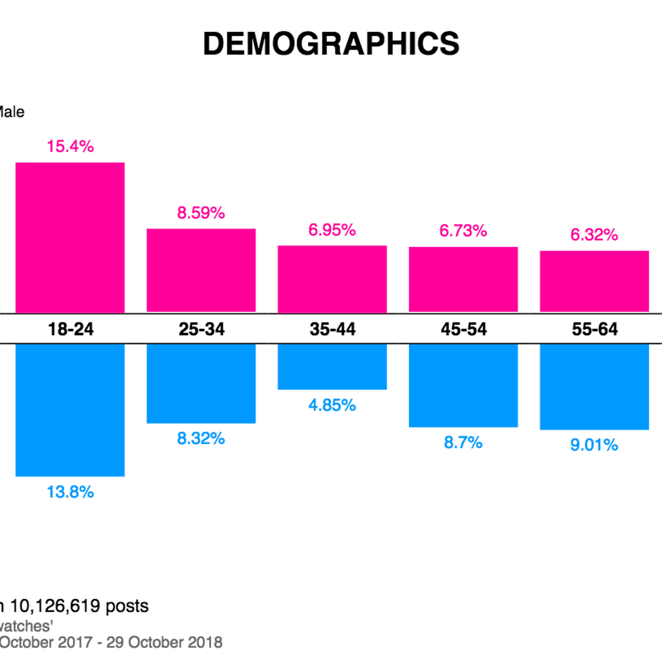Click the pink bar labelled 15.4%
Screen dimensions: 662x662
70,237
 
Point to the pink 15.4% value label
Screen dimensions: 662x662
70,147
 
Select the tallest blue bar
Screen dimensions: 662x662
70,411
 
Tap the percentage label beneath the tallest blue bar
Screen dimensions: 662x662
70,492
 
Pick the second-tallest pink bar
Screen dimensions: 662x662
201,270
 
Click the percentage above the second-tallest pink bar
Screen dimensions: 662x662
201,213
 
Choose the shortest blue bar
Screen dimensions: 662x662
332,367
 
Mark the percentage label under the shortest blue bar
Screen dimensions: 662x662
332,406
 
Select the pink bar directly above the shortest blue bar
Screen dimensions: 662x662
332,278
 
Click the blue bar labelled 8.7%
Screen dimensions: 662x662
463,386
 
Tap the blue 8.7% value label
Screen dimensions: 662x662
463,442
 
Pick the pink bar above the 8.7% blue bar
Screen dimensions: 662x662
463,279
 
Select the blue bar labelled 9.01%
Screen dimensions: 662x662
594,388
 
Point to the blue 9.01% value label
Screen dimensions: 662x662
594,445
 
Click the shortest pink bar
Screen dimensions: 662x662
594,280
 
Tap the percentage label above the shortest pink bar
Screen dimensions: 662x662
594,236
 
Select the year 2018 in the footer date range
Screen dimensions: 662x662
206,643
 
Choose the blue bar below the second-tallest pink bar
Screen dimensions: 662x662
201,385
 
